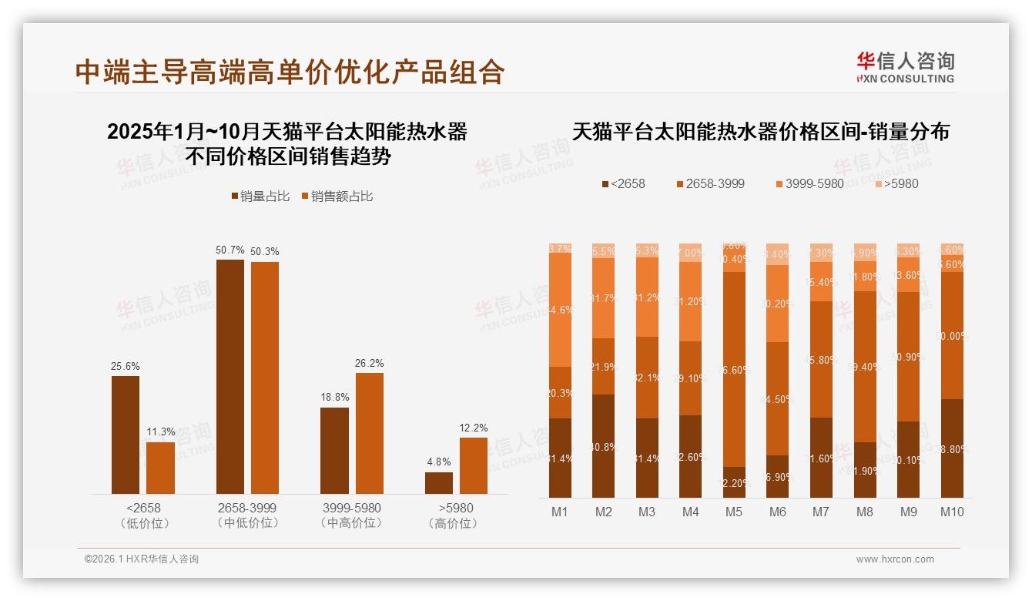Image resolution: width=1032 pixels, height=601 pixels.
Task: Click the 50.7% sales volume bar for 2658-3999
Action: click(230, 377)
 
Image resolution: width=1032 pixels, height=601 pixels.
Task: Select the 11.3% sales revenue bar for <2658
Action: click(160, 468)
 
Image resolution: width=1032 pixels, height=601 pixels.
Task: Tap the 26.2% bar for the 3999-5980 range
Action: click(369, 433)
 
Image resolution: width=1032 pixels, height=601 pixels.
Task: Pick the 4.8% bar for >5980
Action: click(438, 483)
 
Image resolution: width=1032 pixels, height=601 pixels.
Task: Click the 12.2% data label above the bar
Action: click(473, 428)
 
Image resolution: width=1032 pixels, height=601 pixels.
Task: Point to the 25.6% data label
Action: click(126, 366)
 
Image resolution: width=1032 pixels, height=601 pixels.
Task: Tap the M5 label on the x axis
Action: click(733, 512)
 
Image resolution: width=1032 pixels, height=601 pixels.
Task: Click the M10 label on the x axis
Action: click(951, 512)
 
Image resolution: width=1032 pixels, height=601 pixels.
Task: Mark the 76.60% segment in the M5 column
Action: click(733, 369)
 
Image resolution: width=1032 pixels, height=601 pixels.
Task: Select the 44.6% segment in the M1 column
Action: click(560, 310)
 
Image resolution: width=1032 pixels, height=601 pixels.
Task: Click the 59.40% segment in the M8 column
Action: click(864, 367)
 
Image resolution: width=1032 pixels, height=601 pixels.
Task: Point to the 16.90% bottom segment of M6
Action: click(777, 476)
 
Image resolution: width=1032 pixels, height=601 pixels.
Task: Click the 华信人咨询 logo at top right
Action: click(905, 67)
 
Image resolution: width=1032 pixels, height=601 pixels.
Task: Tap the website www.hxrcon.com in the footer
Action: click(894, 559)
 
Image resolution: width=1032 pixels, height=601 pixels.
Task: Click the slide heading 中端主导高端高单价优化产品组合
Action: click(290, 72)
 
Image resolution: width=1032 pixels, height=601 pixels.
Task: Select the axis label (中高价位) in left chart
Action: click(351, 523)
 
